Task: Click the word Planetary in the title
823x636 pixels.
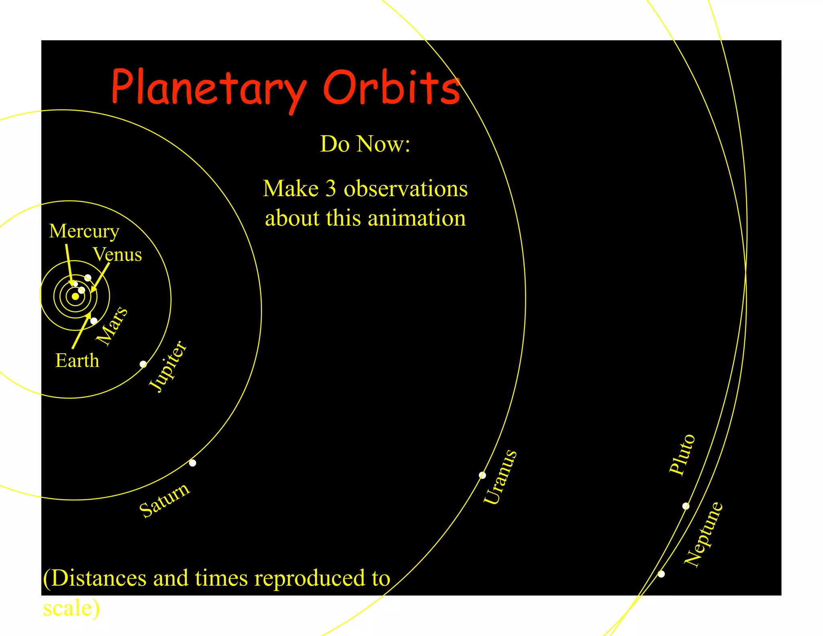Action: [209, 88]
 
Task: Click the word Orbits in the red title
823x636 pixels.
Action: [391, 88]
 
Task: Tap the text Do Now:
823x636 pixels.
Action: [365, 144]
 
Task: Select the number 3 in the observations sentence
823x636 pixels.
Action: [330, 189]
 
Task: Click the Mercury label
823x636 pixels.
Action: [84, 231]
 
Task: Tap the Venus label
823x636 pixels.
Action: [117, 254]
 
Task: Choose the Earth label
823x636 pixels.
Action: [77, 360]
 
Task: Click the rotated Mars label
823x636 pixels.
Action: [113, 326]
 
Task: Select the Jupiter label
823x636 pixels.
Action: [168, 367]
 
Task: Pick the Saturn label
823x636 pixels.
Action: [165, 500]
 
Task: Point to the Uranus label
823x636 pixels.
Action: [500, 477]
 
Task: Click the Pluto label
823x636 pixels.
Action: [682, 455]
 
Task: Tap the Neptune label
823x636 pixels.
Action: [704, 535]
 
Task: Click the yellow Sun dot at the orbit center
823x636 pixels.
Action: [75, 296]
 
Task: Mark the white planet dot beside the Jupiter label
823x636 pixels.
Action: [143, 364]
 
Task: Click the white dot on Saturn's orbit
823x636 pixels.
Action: [192, 463]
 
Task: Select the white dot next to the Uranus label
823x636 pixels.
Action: [483, 476]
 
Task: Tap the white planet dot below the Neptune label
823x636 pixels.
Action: [661, 574]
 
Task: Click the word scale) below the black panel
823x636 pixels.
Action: [71, 608]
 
